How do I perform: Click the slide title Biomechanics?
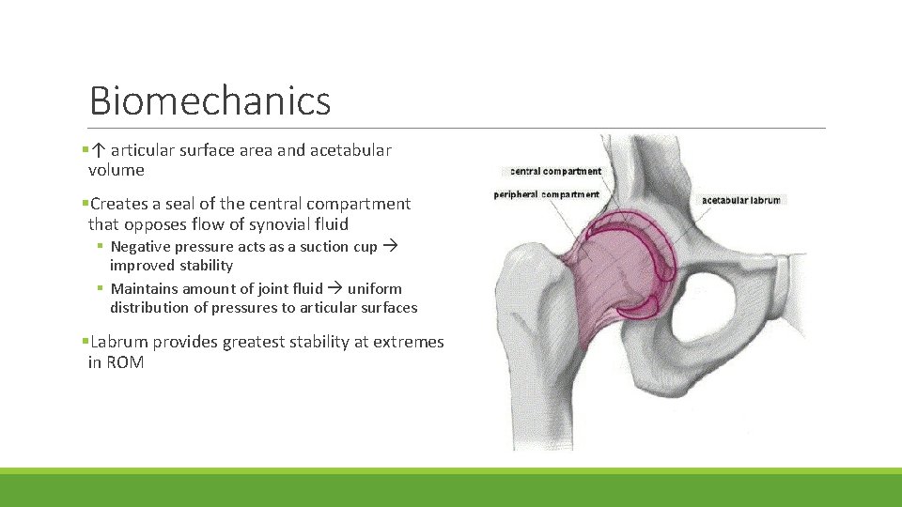(x=210, y=100)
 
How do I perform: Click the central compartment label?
(x=555, y=171)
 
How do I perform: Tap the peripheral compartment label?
(x=547, y=194)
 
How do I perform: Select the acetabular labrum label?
(x=740, y=200)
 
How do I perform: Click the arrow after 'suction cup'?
(x=390, y=246)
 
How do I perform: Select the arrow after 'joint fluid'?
(x=335, y=288)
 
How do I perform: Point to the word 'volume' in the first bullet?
(x=116, y=170)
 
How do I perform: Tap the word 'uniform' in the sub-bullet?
(x=375, y=288)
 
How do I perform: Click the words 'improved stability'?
(x=171, y=266)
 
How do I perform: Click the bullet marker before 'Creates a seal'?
(x=85, y=204)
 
